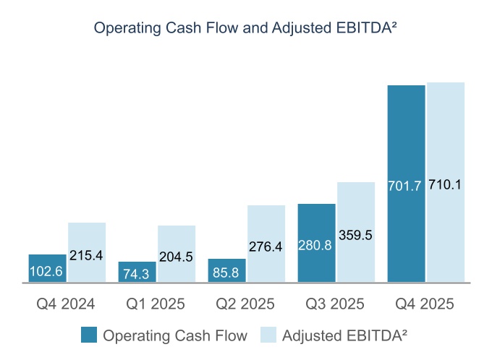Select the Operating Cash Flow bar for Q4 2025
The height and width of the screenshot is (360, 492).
click(x=407, y=145)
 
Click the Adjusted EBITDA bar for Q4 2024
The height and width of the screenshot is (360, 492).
click(x=87, y=239)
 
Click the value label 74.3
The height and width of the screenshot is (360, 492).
click(x=137, y=274)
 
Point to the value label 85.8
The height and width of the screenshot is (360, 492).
click(x=227, y=274)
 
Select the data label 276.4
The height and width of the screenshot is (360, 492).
click(x=266, y=247)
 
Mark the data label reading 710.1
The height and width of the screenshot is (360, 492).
click(x=445, y=184)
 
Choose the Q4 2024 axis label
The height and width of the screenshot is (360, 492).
click(x=67, y=304)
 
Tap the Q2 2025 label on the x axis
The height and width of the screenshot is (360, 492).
click(x=246, y=304)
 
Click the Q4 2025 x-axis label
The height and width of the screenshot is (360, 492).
click(x=425, y=304)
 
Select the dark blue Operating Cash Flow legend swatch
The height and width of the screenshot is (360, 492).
click(x=89, y=335)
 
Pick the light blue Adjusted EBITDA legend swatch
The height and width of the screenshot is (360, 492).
click(x=268, y=335)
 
